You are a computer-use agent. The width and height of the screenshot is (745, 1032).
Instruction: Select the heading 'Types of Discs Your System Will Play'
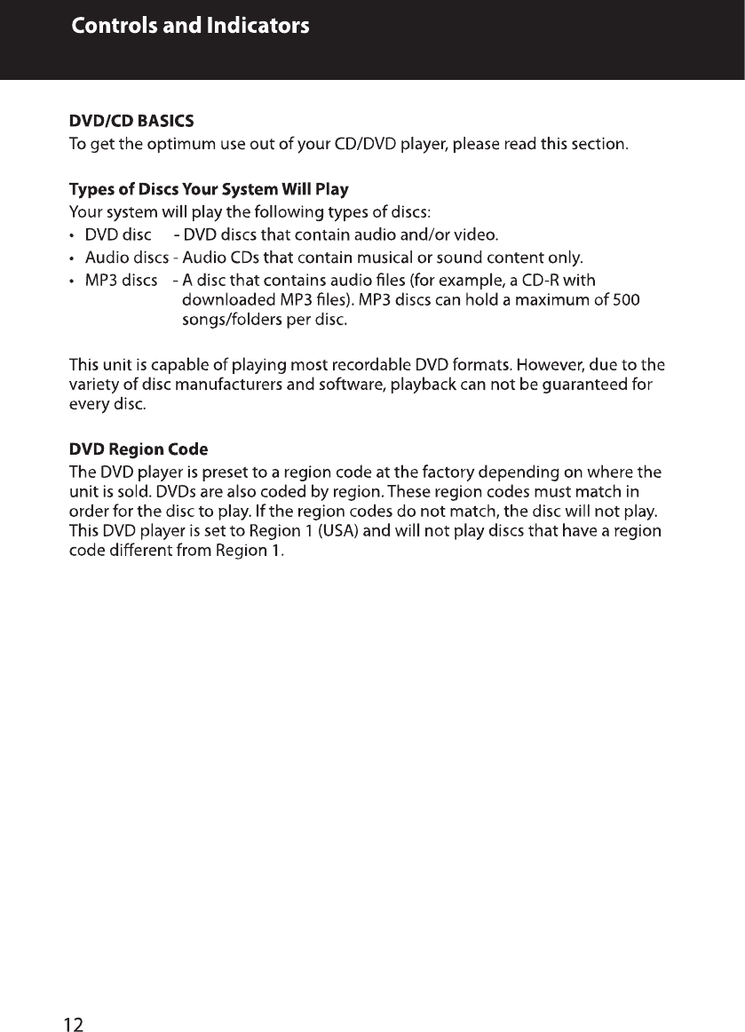(x=209, y=189)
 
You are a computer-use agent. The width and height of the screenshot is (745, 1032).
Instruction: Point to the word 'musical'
(x=395, y=258)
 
